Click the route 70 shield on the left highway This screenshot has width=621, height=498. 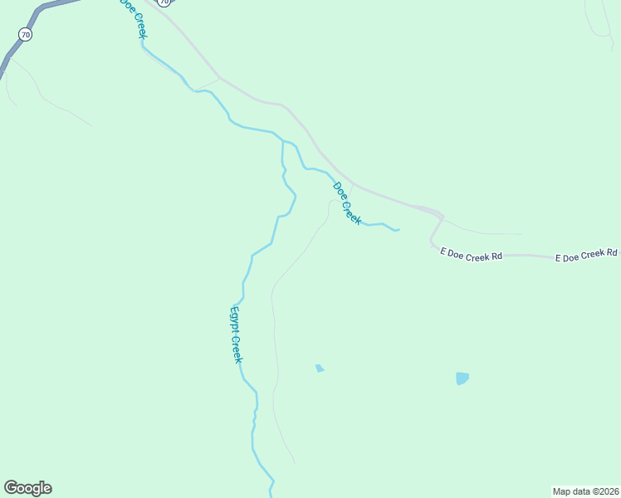(26, 35)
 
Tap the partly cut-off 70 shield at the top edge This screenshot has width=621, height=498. (165, 2)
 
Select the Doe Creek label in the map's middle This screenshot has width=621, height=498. (346, 203)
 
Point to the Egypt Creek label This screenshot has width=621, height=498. (236, 334)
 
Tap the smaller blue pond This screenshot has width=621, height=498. (320, 368)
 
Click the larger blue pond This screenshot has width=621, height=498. (462, 378)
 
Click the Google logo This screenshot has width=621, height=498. (27, 488)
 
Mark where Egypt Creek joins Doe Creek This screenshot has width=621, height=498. (283, 142)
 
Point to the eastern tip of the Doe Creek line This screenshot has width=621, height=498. (399, 229)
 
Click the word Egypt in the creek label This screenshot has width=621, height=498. (233, 320)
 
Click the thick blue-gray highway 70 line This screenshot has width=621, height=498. (10, 55)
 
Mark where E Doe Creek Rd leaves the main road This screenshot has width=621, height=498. (443, 217)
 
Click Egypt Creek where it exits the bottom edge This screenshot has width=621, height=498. (271, 493)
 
